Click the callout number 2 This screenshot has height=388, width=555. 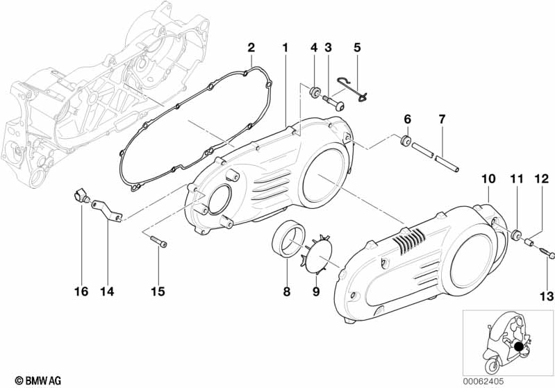(251, 47)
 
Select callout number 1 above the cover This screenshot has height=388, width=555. (285, 47)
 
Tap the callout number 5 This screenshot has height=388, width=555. (357, 47)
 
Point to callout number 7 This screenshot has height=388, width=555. (441, 119)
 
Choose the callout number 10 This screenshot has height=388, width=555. (488, 178)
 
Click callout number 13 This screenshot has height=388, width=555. (547, 296)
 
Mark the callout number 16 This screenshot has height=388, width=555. (81, 292)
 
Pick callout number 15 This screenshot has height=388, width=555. (158, 292)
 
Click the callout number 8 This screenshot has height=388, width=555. (286, 292)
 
